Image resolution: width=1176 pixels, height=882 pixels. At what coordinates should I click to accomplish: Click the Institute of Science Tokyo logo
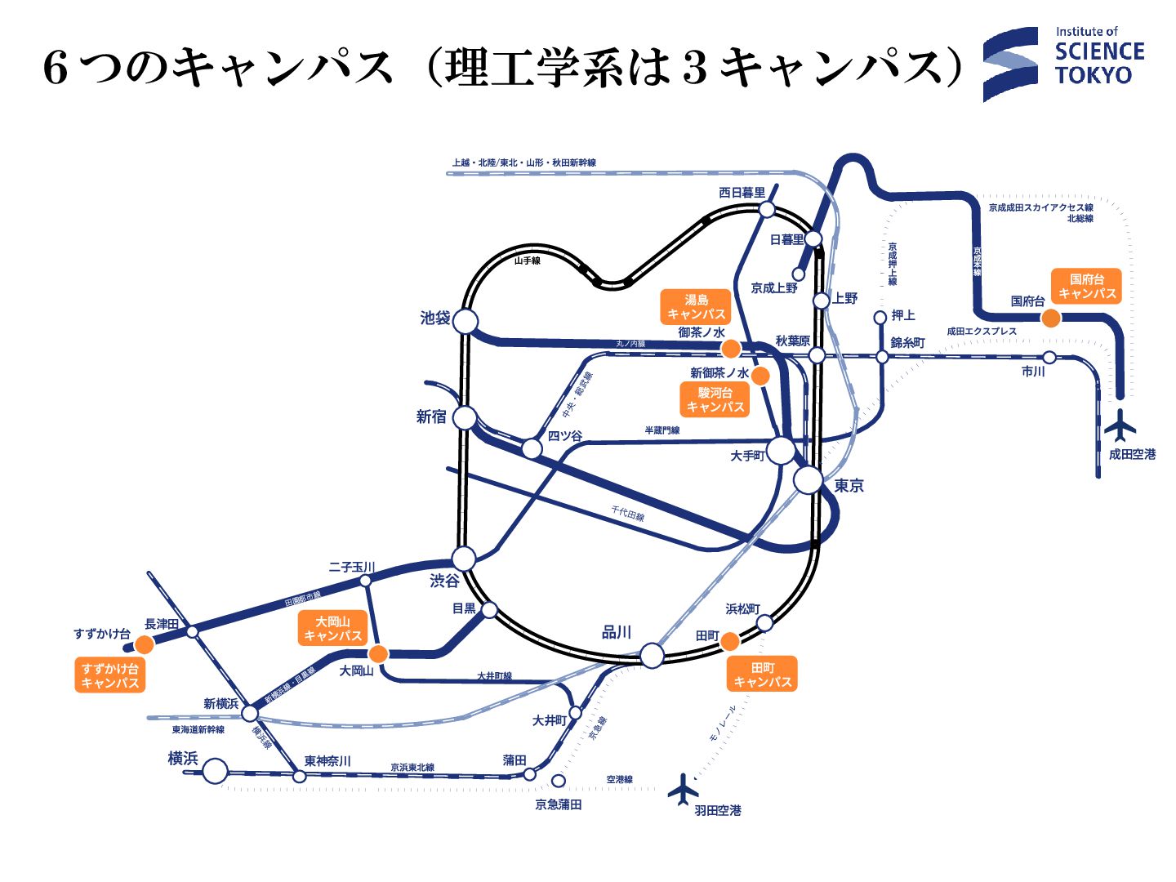[x=1062, y=64]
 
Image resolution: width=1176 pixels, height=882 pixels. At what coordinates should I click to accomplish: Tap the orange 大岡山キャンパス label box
[x=332, y=628]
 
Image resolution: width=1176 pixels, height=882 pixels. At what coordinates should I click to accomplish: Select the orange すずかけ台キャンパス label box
[x=110, y=675]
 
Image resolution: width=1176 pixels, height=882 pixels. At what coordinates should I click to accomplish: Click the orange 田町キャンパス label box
[x=762, y=675]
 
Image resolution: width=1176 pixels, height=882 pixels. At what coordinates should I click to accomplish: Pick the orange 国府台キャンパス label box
[x=1086, y=286]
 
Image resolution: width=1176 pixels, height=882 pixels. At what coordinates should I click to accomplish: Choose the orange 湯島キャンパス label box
[x=696, y=307]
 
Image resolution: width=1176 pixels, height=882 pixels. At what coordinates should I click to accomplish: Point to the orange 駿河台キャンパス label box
[x=715, y=399]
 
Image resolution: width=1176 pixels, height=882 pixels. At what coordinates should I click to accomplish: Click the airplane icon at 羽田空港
[x=683, y=790]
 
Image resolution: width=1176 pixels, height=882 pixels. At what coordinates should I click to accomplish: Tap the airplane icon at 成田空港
[x=1120, y=425]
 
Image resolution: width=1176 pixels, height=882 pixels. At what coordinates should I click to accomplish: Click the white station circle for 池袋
[x=465, y=321]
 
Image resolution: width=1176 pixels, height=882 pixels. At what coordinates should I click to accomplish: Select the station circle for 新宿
[x=465, y=418]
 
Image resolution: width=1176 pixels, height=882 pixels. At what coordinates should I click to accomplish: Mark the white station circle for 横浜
[x=215, y=770]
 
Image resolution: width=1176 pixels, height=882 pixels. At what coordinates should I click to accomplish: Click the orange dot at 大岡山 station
[x=378, y=653]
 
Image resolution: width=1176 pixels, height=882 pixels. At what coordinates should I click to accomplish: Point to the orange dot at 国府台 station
[x=1051, y=318]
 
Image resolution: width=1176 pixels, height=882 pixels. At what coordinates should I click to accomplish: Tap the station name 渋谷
[x=445, y=581]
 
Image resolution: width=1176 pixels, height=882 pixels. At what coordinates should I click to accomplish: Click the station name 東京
[x=849, y=486]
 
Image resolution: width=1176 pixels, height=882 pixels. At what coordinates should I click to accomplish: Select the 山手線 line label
[x=528, y=261]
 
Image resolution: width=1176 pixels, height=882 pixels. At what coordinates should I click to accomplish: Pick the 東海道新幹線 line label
[x=198, y=729]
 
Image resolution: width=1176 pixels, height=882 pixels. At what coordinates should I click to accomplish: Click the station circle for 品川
[x=652, y=655]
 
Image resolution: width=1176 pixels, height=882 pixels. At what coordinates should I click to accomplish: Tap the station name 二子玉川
[x=351, y=567]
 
